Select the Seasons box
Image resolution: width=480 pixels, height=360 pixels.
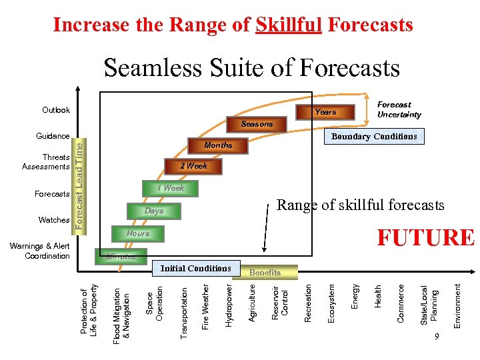coord(257,124)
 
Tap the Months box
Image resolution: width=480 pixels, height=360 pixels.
coord(218,145)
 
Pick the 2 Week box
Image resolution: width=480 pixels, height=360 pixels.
coord(193,166)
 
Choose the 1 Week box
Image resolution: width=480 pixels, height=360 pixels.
coord(170,189)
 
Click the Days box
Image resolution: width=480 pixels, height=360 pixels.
coord(154,211)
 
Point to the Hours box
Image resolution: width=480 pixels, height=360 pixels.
coord(138,233)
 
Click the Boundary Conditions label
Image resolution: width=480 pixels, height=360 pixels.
coord(374,137)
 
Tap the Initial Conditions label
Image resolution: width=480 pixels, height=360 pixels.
coord(195,269)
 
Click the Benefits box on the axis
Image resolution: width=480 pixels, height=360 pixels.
coord(265,272)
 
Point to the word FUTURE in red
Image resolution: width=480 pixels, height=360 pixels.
coord(425,238)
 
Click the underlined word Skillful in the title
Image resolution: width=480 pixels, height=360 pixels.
coord(289,25)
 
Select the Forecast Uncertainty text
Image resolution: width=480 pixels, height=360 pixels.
coord(399,109)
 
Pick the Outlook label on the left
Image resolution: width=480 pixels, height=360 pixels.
coord(56,110)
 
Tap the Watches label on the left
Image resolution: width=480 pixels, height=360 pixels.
coord(54,220)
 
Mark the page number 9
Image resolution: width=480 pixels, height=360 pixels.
coord(436,337)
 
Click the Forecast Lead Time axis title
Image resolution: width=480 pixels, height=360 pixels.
coord(79,182)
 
